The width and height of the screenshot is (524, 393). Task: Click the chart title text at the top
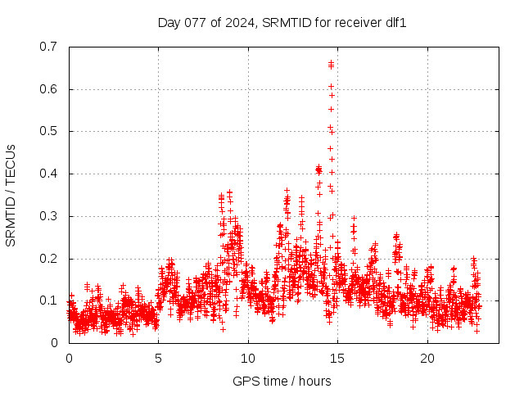[282, 22]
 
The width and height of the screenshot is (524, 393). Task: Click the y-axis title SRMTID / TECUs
[11, 195]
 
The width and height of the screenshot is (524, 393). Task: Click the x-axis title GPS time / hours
[282, 381]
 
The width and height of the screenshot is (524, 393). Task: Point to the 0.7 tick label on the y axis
[50, 47]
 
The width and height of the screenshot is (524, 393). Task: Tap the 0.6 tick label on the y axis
[50, 89]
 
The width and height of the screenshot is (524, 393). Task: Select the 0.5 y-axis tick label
[50, 131]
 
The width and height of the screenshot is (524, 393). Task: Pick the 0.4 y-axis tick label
[50, 174]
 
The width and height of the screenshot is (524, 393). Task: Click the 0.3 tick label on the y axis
[50, 216]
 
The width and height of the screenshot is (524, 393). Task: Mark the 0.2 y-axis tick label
[50, 259]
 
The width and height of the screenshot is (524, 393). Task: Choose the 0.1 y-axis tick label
[50, 300]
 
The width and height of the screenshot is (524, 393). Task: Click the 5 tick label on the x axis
[159, 358]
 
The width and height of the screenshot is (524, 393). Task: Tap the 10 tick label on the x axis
[248, 358]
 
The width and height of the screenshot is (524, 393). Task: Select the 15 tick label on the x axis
[338, 358]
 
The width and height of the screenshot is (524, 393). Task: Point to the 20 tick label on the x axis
[427, 358]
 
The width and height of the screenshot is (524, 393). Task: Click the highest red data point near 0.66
[331, 62]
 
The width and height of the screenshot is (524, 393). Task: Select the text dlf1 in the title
[396, 22]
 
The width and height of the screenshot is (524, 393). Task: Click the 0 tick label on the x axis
[69, 358]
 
